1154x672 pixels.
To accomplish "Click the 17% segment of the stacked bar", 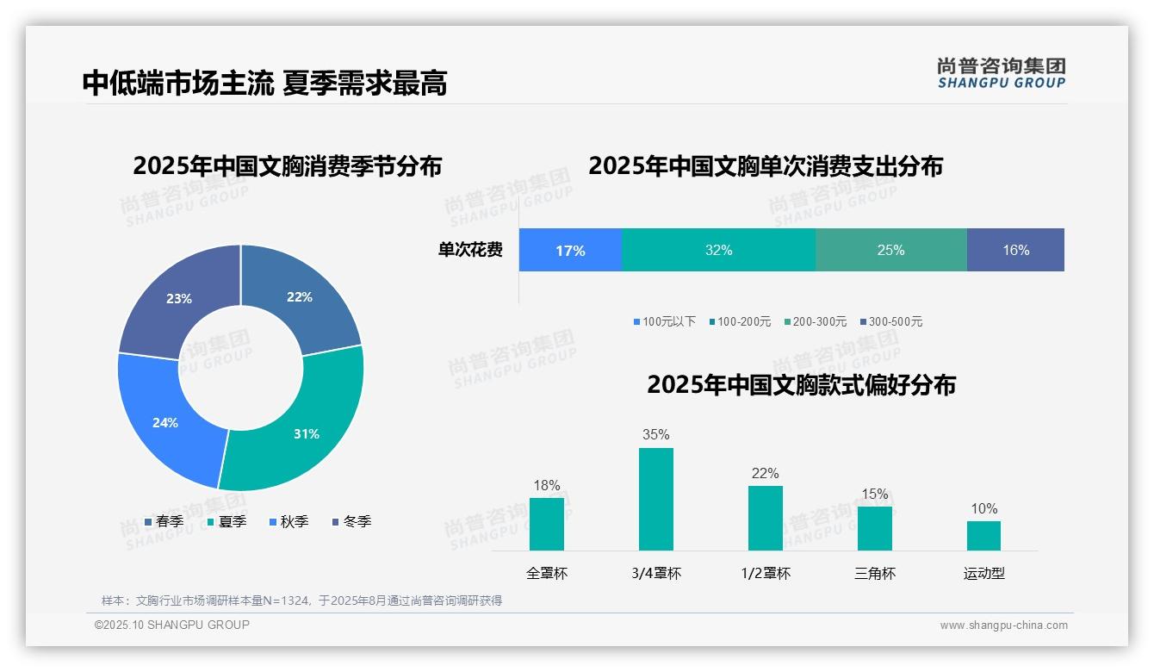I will point(570,250).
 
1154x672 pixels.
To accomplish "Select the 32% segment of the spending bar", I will point(718,250).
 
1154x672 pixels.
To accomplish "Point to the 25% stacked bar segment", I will point(890,250).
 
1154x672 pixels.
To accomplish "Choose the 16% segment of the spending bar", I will point(1015,250).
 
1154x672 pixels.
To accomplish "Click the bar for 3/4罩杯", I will point(655,500).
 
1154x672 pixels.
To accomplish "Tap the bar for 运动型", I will point(983,535).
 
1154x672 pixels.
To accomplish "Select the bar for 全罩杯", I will point(547,524).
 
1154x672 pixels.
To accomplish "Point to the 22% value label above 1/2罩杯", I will point(765,474).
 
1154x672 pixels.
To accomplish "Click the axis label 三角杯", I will point(875,573).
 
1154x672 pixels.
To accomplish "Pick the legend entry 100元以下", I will point(664,321).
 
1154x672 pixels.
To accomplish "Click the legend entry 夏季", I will point(226,521).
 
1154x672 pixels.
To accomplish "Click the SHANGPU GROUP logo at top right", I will point(1002,73).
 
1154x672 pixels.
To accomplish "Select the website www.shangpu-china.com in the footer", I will point(1003,625).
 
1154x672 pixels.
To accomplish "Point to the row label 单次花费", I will point(470,250).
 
